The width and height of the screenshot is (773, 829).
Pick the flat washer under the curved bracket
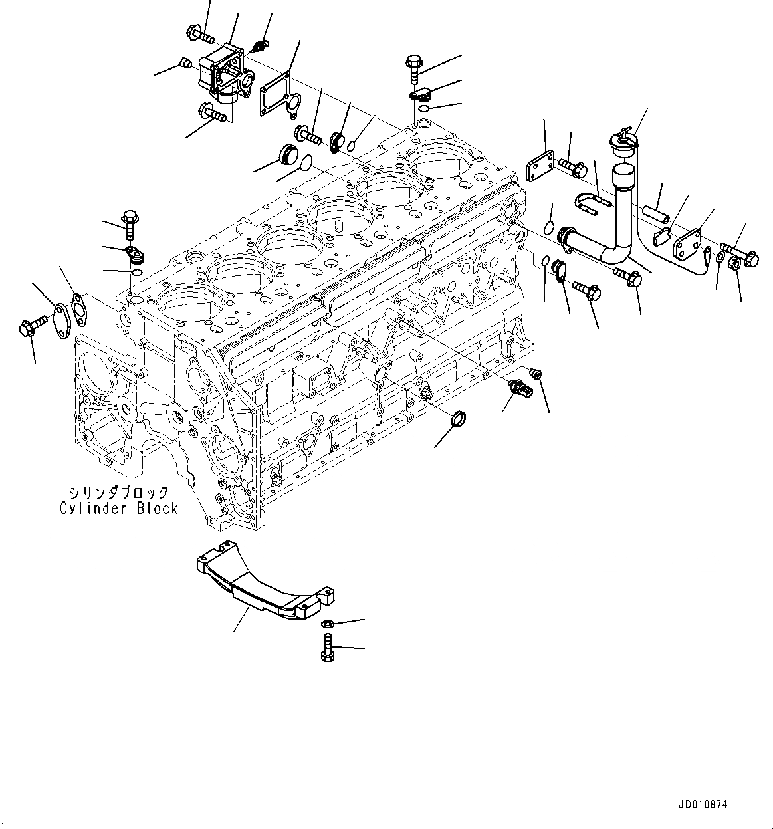[326, 625]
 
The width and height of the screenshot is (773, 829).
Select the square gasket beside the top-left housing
[277, 98]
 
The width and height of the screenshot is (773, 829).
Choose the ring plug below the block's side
[459, 420]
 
